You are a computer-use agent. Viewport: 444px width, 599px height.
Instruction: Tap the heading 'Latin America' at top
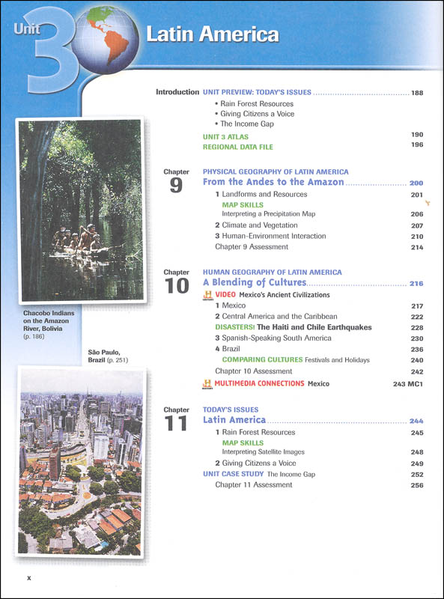(212, 34)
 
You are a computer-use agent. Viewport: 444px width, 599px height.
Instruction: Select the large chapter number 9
(176, 186)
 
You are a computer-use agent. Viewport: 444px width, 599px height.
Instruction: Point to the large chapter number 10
(176, 286)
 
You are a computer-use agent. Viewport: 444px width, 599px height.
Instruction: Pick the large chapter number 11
(176, 424)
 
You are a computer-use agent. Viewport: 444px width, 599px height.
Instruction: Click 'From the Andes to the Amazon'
(273, 182)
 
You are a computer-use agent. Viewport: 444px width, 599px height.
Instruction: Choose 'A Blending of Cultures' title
(255, 283)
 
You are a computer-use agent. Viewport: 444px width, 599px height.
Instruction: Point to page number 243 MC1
(407, 384)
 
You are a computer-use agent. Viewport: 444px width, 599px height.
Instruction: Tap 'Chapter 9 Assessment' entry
(251, 247)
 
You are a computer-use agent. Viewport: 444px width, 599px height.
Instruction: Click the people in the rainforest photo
(78, 237)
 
